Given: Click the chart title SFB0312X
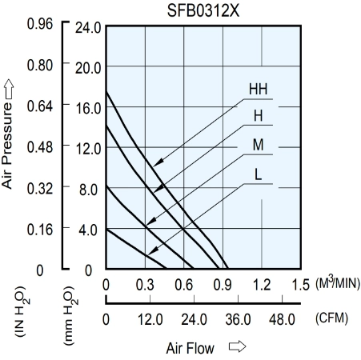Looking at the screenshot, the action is coord(203,11).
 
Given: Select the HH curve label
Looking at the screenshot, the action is coord(258,89).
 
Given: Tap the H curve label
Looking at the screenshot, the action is coord(258,116).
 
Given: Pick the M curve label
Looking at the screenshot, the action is coord(258,145).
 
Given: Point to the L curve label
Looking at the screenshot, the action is coord(258,174).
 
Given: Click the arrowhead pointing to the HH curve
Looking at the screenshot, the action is coord(158,162).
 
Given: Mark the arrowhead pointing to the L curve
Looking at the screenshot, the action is coord(153,251).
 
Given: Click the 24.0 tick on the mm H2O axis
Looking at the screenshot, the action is coord(88,28).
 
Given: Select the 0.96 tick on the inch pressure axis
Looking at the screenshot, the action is coord(40,24).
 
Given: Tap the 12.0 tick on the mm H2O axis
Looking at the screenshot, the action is coord(88,149).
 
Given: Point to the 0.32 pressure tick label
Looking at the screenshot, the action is coord(40,189).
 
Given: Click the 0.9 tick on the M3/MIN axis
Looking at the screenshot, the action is coord(223,285).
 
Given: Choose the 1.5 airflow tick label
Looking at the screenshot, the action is coord(300,285).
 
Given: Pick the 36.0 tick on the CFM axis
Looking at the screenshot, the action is coord(238,319).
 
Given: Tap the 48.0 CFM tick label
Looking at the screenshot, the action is coord(282,319).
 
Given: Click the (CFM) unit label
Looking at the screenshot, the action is coord(331,318).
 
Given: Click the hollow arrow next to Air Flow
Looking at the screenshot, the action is coord(237,346).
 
